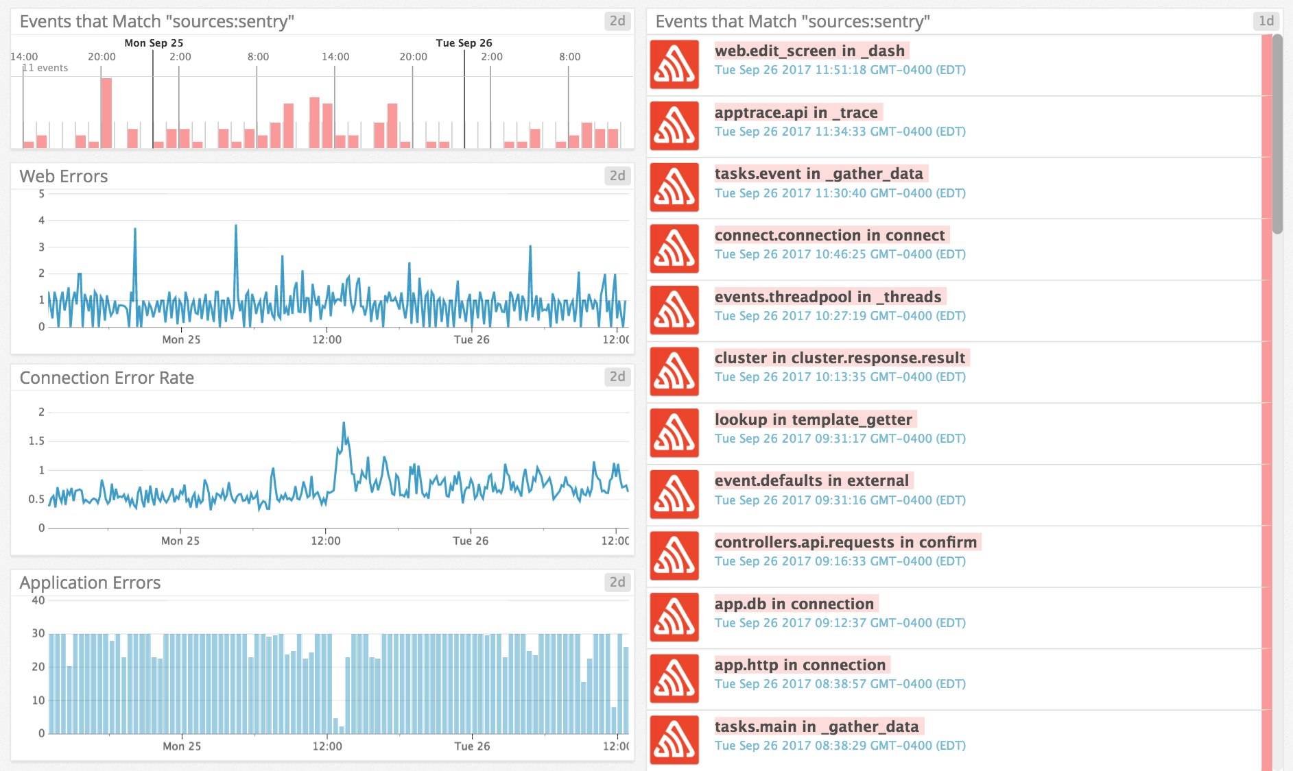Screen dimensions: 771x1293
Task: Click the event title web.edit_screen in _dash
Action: [809, 51]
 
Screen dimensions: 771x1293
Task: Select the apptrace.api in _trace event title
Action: [796, 112]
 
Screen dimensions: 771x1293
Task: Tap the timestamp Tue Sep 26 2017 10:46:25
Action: [840, 254]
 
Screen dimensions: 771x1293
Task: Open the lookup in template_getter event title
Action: [813, 419]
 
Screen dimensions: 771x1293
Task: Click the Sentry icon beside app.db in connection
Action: [674, 617]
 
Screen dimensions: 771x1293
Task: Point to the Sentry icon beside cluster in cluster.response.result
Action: [674, 371]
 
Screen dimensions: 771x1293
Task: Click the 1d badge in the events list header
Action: [1266, 21]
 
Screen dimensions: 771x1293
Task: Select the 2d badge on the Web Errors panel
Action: [617, 176]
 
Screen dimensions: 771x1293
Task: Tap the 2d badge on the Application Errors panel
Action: [617, 583]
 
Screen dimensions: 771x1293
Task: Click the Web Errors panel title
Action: [64, 176]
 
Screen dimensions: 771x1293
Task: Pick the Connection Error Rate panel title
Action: [107, 378]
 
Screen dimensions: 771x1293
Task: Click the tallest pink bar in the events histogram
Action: [106, 112]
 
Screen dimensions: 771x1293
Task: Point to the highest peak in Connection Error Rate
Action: [344, 424]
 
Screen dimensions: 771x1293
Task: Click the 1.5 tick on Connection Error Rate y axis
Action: [36, 441]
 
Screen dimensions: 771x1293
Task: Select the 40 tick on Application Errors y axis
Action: [38, 601]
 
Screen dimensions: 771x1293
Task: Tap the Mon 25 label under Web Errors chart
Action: [181, 339]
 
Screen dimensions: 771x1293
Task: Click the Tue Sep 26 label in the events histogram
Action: [464, 42]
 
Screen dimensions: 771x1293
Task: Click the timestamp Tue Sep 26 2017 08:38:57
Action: [840, 684]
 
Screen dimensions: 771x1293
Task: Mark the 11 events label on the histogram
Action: [45, 68]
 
